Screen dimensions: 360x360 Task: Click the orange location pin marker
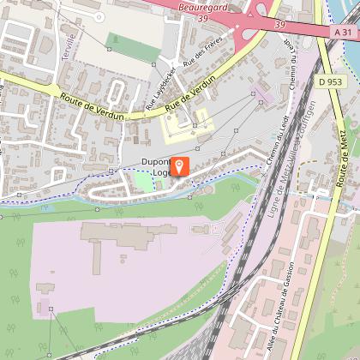pyautogui.click(x=180, y=166)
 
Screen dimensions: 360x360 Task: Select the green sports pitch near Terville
pyautogui.click(x=123, y=47)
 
